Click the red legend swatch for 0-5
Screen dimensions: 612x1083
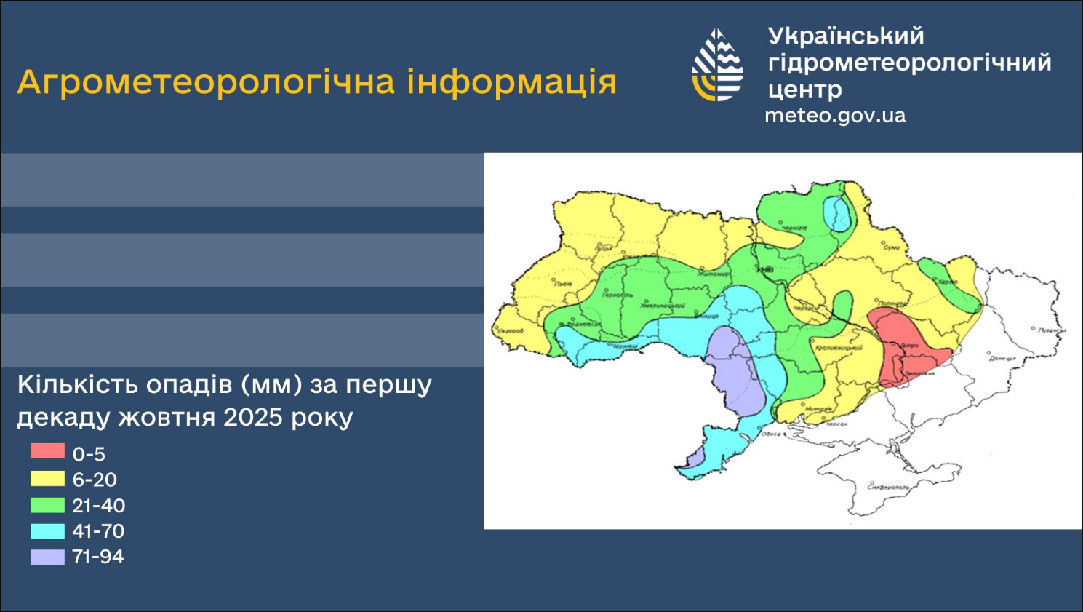(x=47, y=451)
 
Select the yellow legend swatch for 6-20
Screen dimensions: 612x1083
(x=47, y=478)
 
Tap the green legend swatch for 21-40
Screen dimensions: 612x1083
(x=47, y=504)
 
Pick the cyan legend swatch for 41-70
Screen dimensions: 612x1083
(x=47, y=530)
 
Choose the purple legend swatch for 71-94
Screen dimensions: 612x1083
(x=47, y=557)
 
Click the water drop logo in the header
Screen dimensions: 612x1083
(x=717, y=65)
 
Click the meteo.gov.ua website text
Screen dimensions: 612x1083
(x=835, y=116)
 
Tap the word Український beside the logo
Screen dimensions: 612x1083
(x=846, y=36)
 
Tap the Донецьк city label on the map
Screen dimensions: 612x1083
(x=1002, y=358)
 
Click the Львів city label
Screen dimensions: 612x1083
(x=564, y=284)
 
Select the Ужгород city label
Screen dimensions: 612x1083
(x=511, y=331)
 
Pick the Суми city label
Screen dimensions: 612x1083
(x=892, y=247)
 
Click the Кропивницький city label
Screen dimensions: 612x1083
(x=839, y=348)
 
